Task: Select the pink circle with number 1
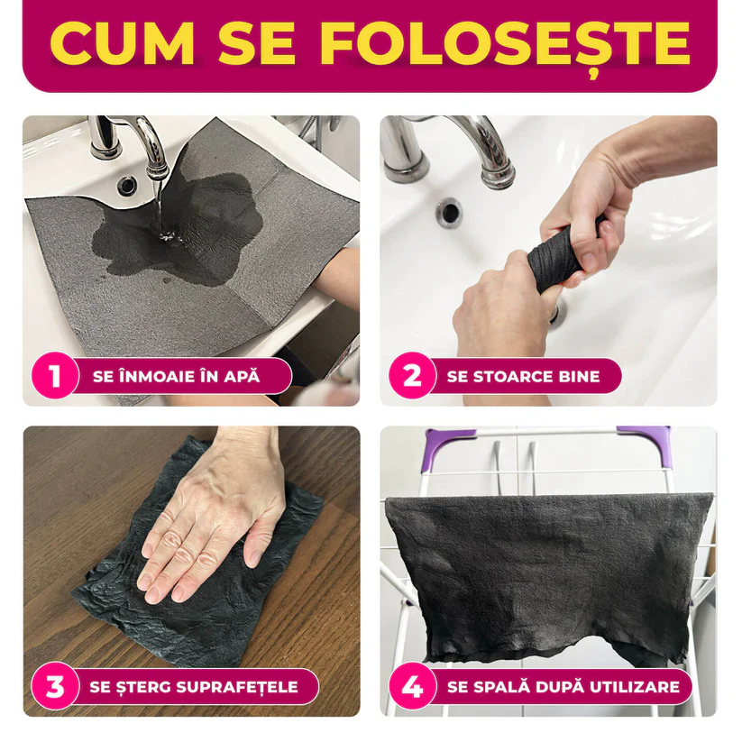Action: (x=54, y=376)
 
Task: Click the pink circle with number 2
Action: (x=411, y=376)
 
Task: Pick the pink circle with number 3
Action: (x=54, y=687)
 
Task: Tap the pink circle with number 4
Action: (x=411, y=687)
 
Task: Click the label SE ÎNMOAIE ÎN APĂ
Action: (x=176, y=376)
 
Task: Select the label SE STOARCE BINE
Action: (x=523, y=376)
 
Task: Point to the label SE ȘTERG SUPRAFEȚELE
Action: (x=193, y=687)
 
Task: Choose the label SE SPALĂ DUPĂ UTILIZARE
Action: (x=563, y=687)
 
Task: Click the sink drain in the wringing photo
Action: (x=448, y=213)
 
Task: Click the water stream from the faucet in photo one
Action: (x=162, y=207)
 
